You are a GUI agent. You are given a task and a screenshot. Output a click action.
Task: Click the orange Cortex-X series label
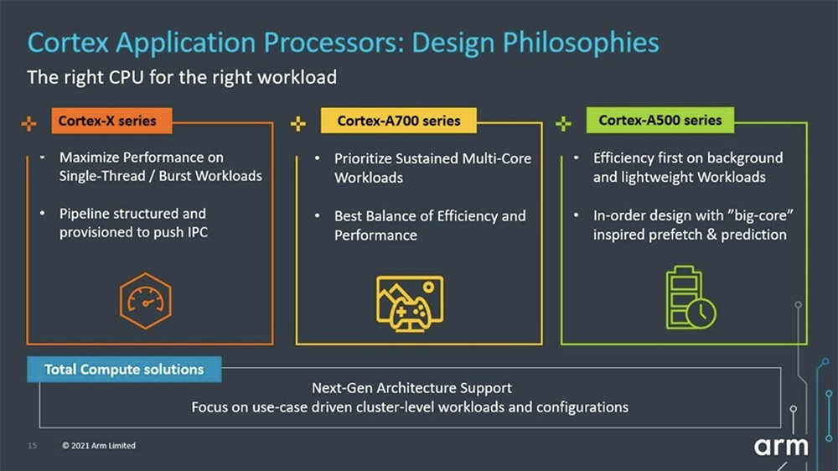coord(111,121)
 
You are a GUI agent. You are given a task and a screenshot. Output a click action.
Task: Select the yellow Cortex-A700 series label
coord(399,121)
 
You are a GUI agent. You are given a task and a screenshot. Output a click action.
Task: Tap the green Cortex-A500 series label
coord(660,121)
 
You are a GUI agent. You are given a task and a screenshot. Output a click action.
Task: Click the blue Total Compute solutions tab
coord(124,370)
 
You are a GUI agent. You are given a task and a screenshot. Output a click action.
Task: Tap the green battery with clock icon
coord(691,298)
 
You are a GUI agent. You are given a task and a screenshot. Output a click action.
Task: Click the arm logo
coord(781,447)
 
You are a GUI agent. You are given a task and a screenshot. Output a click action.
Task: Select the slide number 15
coord(32,445)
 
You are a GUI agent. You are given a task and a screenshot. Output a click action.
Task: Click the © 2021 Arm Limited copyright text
coord(98,445)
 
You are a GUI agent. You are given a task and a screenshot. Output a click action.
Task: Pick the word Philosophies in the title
coord(581,43)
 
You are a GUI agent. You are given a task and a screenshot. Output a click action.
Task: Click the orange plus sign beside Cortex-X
coord(28,123)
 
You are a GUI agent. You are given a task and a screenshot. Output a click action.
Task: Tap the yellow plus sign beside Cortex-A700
coord(298,123)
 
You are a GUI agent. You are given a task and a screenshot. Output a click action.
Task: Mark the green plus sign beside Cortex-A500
coord(563,123)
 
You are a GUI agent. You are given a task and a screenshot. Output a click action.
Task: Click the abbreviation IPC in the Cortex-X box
coord(197,232)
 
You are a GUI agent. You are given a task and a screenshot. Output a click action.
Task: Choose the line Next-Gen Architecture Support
coord(411,387)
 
